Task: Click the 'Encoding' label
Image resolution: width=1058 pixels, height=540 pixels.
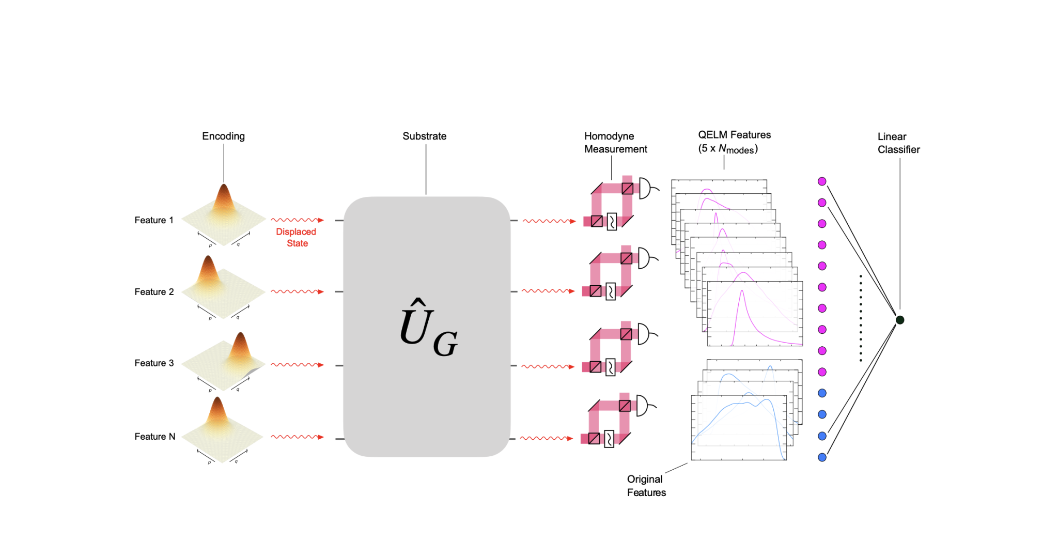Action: pos(223,136)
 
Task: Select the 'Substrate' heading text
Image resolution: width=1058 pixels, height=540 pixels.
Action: pos(424,136)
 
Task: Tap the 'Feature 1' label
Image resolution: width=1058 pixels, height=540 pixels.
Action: pos(154,220)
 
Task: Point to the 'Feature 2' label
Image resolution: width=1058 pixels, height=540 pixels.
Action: pos(154,292)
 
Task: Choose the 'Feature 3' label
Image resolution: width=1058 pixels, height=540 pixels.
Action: pos(154,363)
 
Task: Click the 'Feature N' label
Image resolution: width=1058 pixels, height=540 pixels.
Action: pos(154,437)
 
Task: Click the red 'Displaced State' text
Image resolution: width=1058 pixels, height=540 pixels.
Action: pos(297,238)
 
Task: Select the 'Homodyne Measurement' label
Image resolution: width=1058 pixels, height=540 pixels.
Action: pos(615,143)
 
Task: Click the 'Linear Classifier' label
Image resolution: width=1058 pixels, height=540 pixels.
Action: pos(898,143)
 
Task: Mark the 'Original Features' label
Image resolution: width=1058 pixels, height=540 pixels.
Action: pos(646,486)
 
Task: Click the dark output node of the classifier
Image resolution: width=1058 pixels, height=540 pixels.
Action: pos(900,320)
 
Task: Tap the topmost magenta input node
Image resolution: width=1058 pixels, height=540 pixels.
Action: pos(822,181)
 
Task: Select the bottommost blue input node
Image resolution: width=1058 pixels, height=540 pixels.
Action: pos(822,457)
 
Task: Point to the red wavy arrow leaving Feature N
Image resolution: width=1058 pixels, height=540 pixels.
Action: pos(297,437)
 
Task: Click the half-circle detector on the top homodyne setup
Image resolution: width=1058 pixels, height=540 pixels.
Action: pos(645,189)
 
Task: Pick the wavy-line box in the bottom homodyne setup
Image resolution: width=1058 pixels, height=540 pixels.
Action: pos(609,439)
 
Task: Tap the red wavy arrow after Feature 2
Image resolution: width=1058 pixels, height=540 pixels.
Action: pos(297,292)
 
